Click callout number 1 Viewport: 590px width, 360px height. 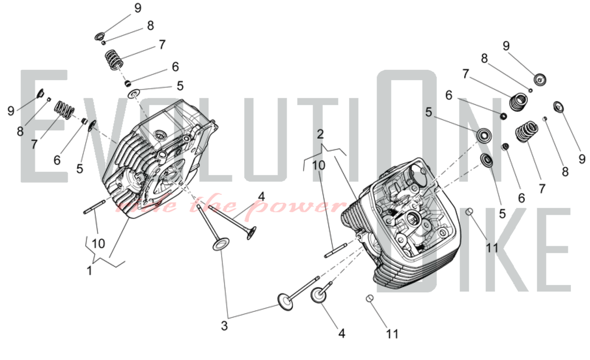89,271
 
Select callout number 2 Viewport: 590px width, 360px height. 320,134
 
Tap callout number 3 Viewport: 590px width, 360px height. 224,326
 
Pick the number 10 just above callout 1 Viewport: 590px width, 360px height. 98,243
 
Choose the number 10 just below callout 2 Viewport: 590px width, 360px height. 319,166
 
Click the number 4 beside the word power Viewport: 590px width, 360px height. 261,197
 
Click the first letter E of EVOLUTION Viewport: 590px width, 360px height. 44,126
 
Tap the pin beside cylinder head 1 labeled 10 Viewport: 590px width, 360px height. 94,207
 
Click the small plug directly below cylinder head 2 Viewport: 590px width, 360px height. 370,298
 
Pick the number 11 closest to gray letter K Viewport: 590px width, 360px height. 492,248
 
